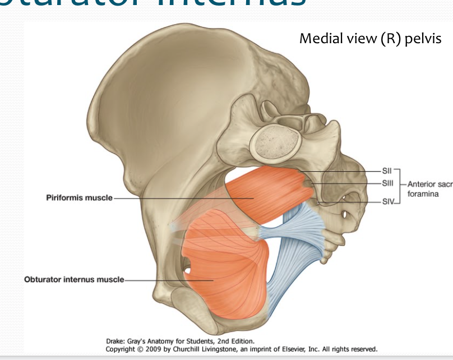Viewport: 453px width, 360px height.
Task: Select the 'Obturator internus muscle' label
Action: point(74,279)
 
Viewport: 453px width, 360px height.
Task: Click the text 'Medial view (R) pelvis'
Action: point(370,39)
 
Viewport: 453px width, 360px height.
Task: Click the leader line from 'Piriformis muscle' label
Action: point(179,198)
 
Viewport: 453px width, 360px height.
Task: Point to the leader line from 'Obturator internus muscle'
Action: point(168,279)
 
